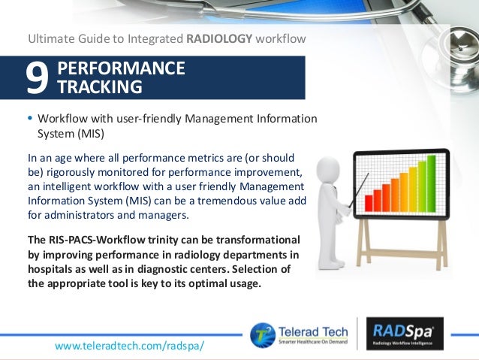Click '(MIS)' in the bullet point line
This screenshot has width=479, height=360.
click(x=89, y=134)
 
